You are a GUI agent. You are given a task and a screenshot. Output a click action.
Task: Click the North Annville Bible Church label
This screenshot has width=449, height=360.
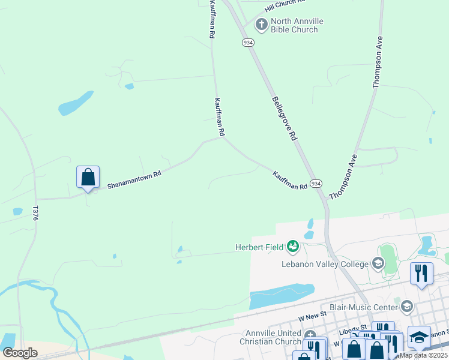pos(297,25)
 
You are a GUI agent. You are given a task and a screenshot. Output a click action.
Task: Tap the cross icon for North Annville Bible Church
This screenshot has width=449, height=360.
pos(261,25)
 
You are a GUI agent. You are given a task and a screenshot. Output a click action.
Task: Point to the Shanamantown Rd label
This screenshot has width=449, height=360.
pos(134,180)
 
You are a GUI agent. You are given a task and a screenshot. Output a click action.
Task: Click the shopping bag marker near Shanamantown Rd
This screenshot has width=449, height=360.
pos(88,177)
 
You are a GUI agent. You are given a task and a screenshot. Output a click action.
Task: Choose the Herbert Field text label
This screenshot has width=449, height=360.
pos(259,247)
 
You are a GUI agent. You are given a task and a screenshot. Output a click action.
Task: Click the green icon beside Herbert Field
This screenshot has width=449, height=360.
pos(293,246)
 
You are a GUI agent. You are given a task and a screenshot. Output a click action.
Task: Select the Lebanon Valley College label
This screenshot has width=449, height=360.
pos(325,264)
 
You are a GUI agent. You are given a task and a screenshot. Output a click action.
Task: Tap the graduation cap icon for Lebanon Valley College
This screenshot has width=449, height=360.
pos(378,263)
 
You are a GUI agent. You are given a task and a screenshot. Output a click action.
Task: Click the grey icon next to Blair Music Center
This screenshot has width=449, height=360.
pos(406,307)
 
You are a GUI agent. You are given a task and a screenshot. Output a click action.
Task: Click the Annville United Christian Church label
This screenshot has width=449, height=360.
pos(273,338)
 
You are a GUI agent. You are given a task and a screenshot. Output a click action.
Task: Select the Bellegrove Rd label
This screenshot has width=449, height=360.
pos(285,118)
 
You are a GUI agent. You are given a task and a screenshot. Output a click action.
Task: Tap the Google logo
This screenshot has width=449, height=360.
pos(20,353)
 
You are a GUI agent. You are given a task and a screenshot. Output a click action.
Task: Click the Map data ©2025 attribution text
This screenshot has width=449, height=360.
pos(423,355)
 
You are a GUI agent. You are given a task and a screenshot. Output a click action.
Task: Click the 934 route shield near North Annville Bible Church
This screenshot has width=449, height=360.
pos(248,43)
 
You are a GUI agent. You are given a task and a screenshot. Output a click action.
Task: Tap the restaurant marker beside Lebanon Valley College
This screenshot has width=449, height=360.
pos(421,274)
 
